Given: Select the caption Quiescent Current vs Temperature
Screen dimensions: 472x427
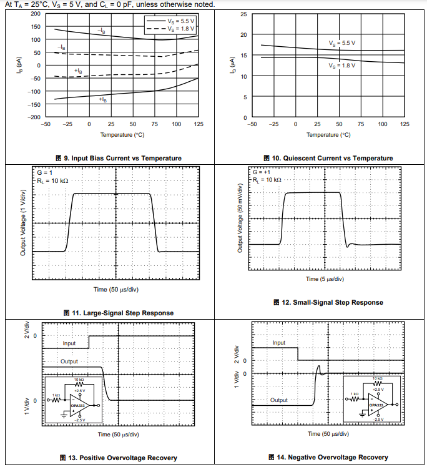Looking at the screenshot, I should [328, 158].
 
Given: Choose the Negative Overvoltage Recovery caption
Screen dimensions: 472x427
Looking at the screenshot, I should [328, 458].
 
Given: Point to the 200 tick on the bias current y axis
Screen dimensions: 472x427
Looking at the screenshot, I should [35, 14].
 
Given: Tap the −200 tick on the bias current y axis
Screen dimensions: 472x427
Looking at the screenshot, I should [34, 117].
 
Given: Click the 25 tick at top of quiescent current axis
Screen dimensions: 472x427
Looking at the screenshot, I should [244, 14].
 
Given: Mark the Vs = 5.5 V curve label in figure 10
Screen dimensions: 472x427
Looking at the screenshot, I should [342, 43].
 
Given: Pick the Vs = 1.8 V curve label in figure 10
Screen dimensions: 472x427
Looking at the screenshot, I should [342, 65].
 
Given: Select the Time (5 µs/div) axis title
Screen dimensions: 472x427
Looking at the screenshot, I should [325, 279].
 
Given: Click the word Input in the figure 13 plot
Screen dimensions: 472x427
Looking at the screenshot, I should [69, 343].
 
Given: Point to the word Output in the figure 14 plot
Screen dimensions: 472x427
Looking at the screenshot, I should [279, 400].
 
